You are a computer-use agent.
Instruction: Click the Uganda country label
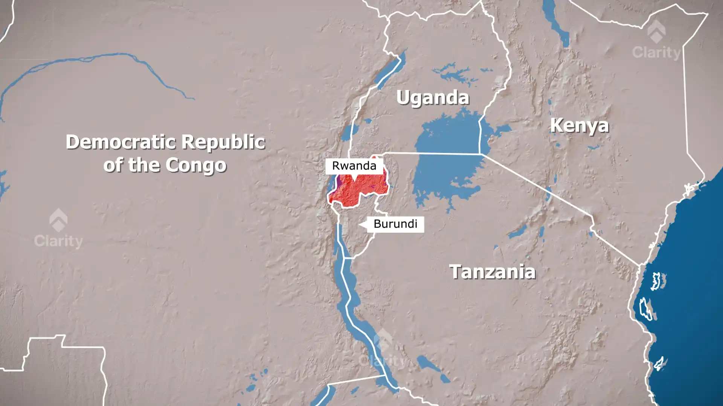[433, 98]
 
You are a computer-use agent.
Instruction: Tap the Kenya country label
[579, 126]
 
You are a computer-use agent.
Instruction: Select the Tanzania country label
[492, 271]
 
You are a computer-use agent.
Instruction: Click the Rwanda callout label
[354, 166]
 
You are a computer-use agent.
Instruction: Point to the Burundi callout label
[395, 224]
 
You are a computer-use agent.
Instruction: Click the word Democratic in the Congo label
[120, 142]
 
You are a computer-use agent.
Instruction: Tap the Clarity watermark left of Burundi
[58, 229]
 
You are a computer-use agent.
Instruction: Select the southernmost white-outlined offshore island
[659, 364]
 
